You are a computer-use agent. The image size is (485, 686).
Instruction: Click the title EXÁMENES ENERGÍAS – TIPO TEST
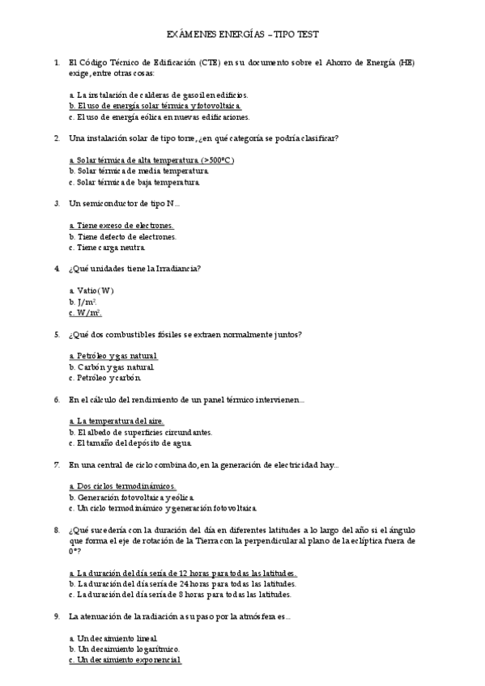pos(242,35)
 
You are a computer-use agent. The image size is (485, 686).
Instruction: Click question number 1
pos(56,62)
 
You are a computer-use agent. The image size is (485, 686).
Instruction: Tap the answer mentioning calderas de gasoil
pos(159,95)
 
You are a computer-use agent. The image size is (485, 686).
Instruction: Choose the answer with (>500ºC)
pos(152,160)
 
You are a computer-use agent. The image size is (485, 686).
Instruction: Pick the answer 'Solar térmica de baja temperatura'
pos(134,182)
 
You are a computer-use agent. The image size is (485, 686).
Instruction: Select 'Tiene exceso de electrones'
pos(121,226)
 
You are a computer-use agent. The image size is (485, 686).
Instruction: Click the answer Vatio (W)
pos(91,290)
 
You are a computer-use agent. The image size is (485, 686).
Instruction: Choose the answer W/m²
pos(85,312)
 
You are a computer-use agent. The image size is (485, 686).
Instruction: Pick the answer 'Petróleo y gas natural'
pos(113,356)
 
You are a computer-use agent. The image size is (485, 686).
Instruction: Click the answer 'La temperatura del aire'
pos(117,421)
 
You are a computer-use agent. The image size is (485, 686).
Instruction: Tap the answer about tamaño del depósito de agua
pos(130,443)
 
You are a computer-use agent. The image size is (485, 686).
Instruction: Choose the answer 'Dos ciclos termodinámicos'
pos(122,486)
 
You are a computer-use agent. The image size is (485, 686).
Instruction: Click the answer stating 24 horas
pos(183,583)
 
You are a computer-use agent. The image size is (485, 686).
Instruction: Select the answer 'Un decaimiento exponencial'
pos(126,659)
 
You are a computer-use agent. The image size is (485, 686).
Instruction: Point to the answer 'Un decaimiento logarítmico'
pos(125,649)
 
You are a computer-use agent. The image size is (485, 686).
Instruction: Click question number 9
pos(56,616)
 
